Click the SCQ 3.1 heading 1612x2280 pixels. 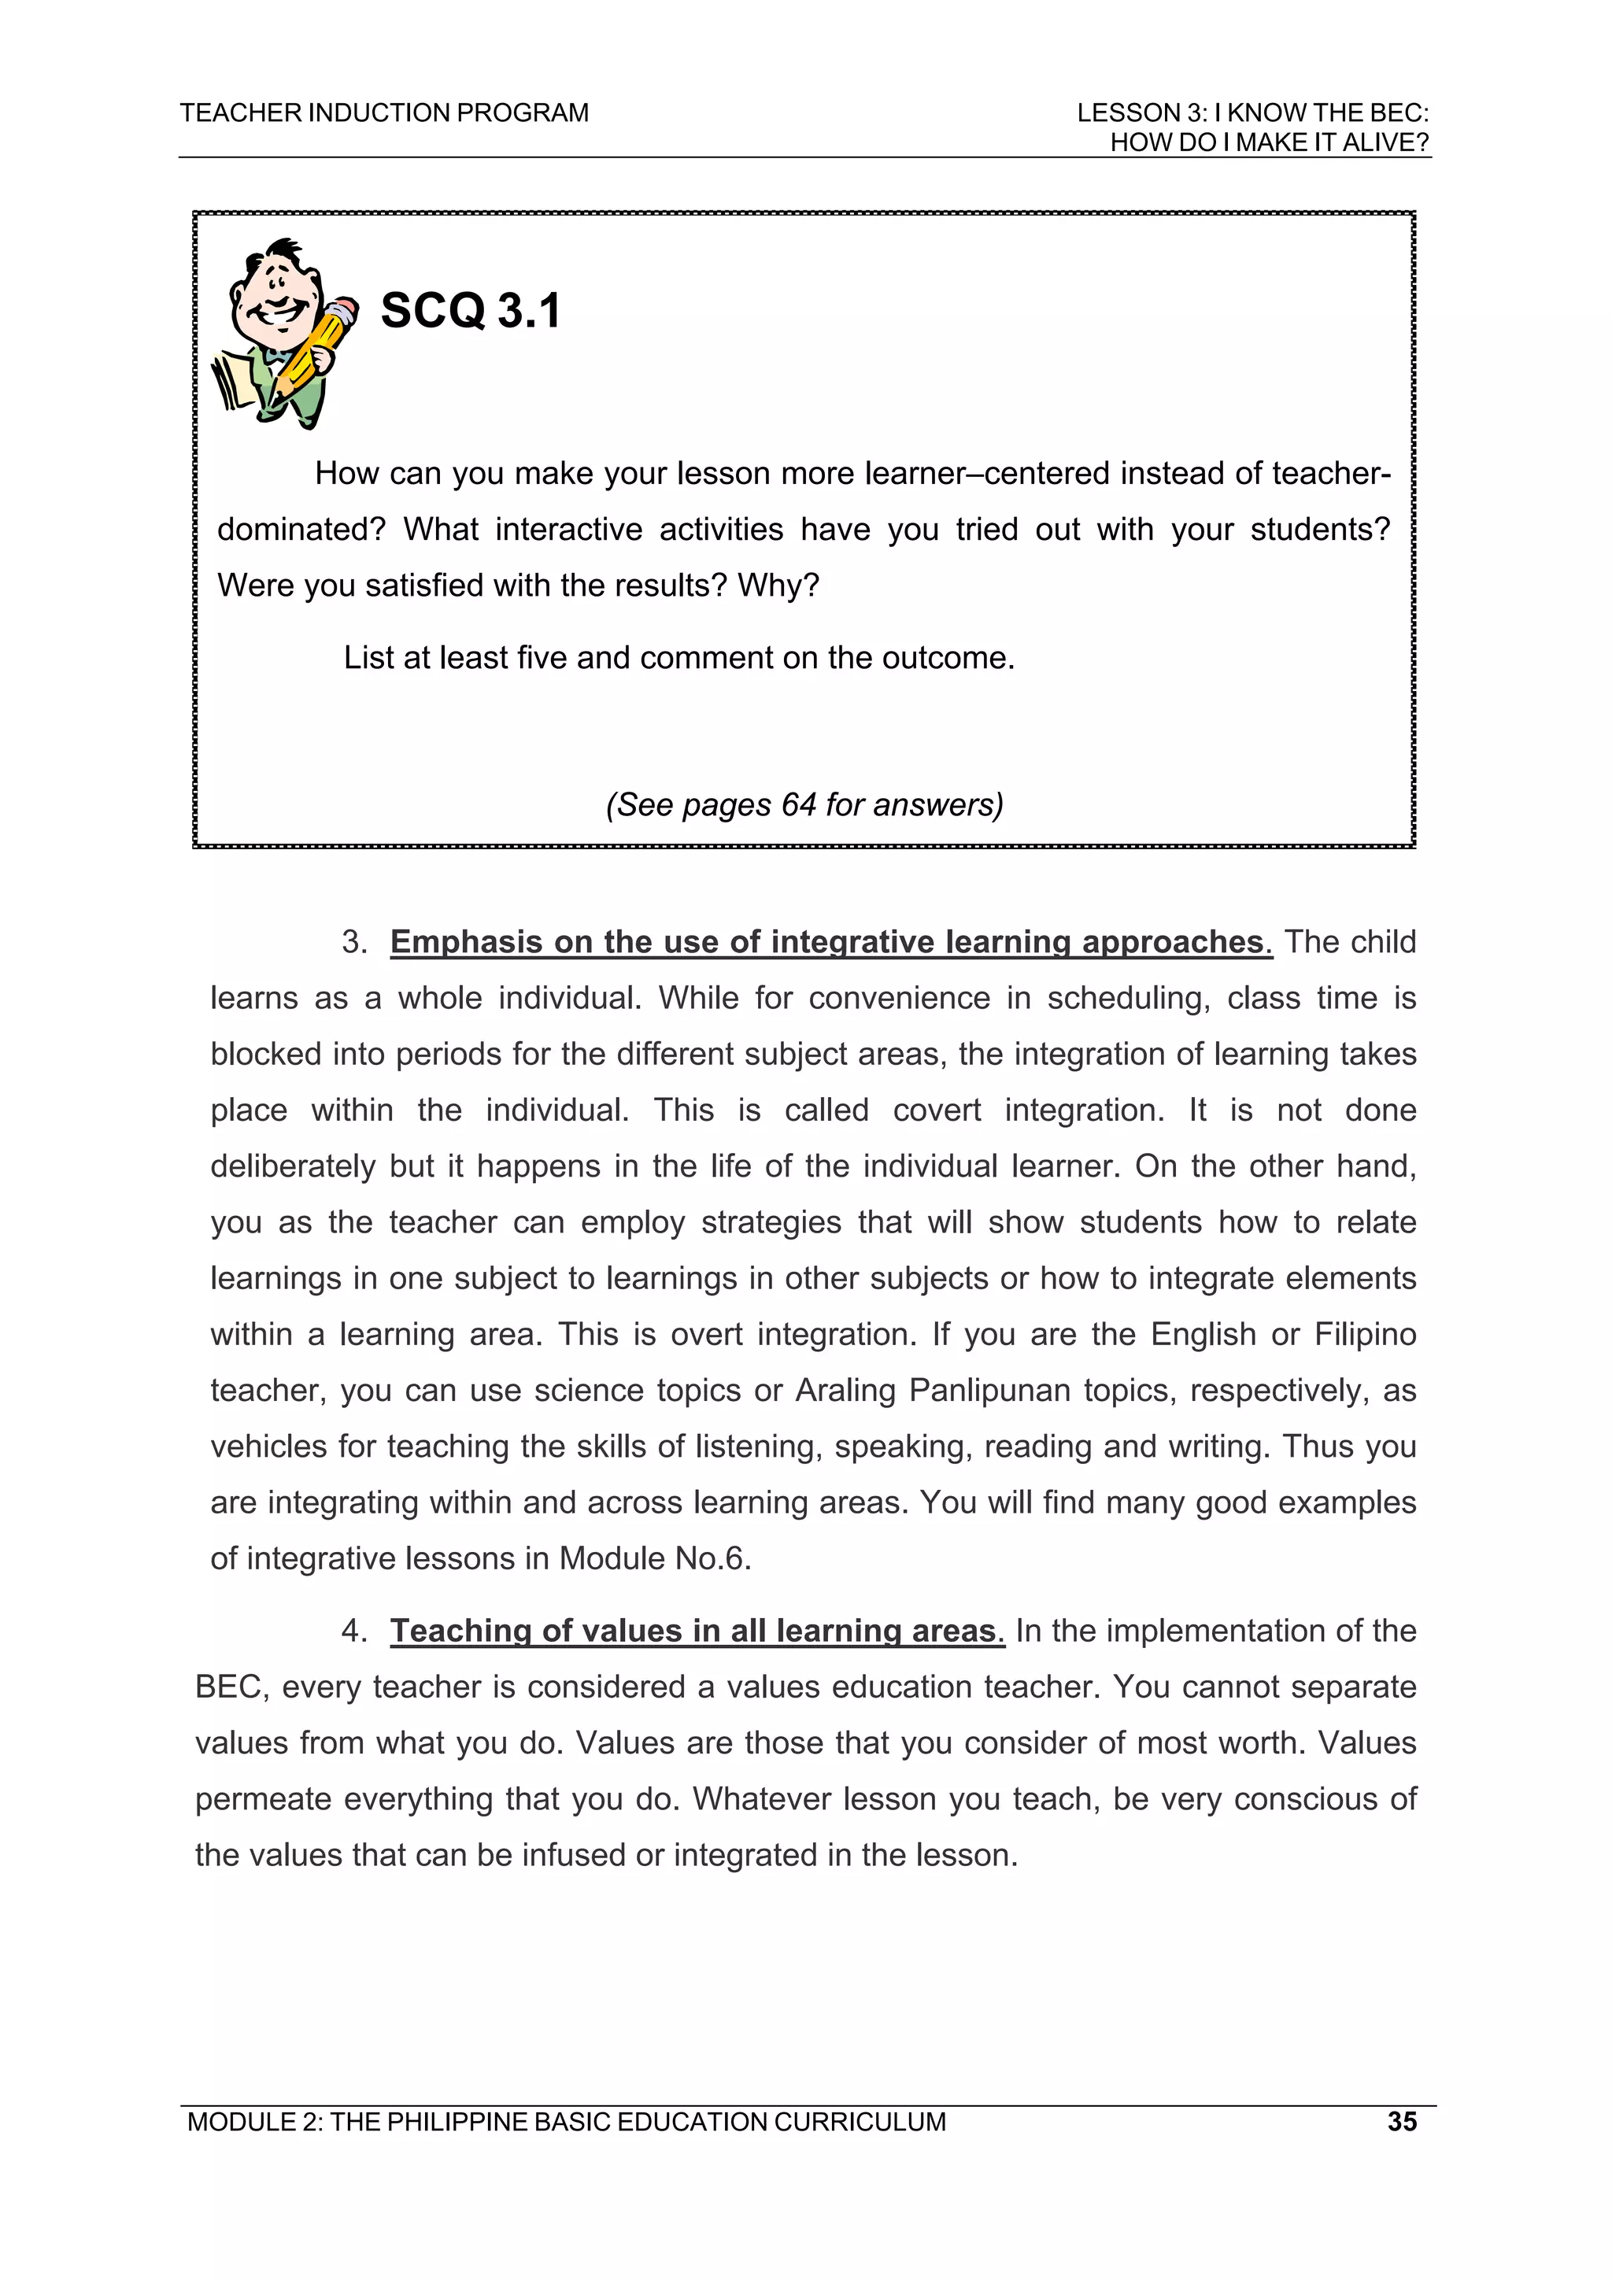tap(471, 311)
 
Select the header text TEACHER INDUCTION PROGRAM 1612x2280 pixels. tap(384, 113)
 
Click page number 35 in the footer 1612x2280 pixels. tap(1401, 2122)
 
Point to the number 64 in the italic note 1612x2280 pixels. tap(799, 804)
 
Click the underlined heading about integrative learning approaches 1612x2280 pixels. tap(830, 941)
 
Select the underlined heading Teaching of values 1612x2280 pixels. tap(697, 1631)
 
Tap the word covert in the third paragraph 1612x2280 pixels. tap(826, 1110)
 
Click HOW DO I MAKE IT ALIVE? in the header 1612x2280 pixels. tap(1268, 143)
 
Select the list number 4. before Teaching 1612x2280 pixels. tap(354, 1631)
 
